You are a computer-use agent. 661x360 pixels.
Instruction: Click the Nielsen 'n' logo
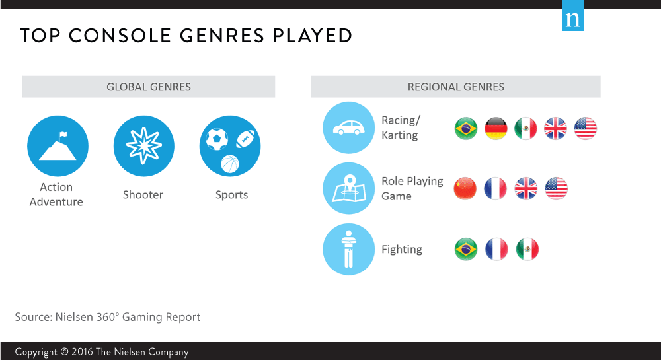click(x=573, y=16)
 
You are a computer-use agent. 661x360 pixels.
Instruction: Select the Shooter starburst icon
click(x=143, y=146)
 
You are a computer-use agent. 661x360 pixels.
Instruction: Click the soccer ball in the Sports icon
click(x=217, y=139)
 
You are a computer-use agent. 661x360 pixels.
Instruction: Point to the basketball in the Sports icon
click(x=230, y=164)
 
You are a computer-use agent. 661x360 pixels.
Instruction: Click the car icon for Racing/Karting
click(x=348, y=127)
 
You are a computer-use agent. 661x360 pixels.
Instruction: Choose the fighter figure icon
click(x=348, y=249)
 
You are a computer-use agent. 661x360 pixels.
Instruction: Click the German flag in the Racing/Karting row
click(x=496, y=128)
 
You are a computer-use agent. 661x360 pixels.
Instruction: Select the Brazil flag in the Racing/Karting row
click(x=466, y=128)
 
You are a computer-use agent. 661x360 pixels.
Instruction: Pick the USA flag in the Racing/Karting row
click(x=585, y=128)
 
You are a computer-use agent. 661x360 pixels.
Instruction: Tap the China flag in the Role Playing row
click(x=465, y=189)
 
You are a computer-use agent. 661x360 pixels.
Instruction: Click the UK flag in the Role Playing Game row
click(x=525, y=189)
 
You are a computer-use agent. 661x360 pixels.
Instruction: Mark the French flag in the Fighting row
click(x=496, y=249)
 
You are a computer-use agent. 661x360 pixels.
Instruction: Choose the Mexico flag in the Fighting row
click(x=527, y=249)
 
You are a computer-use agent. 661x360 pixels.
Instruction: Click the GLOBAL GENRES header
click(x=149, y=87)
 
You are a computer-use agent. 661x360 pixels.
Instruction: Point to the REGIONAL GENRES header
click(x=455, y=87)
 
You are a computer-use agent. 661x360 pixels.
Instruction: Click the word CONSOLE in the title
click(x=120, y=36)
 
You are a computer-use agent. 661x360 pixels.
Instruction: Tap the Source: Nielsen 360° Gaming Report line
click(x=108, y=317)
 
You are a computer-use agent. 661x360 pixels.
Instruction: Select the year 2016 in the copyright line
click(x=82, y=351)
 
